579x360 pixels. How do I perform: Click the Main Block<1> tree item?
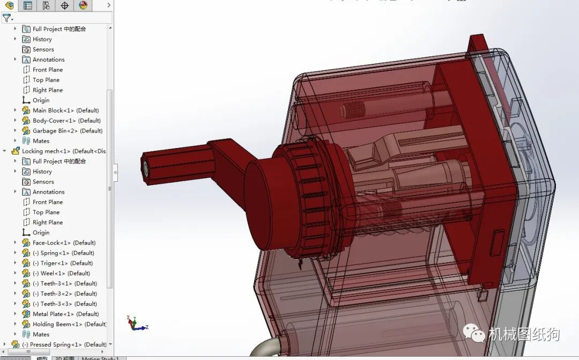tap(65, 111)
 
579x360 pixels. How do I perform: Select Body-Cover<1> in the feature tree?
tap(66, 121)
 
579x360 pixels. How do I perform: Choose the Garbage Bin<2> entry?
tap(67, 131)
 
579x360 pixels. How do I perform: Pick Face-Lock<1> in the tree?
tap(64, 243)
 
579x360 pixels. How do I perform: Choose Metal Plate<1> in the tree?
tap(65, 314)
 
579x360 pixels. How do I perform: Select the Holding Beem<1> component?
tap(69, 325)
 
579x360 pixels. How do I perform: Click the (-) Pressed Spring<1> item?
tap(64, 345)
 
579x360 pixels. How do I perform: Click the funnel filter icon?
tap(6, 18)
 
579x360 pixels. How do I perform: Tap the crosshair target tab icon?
tap(65, 5)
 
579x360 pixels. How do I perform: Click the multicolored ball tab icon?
tap(83, 5)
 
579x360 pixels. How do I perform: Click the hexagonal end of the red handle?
tap(146, 167)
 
